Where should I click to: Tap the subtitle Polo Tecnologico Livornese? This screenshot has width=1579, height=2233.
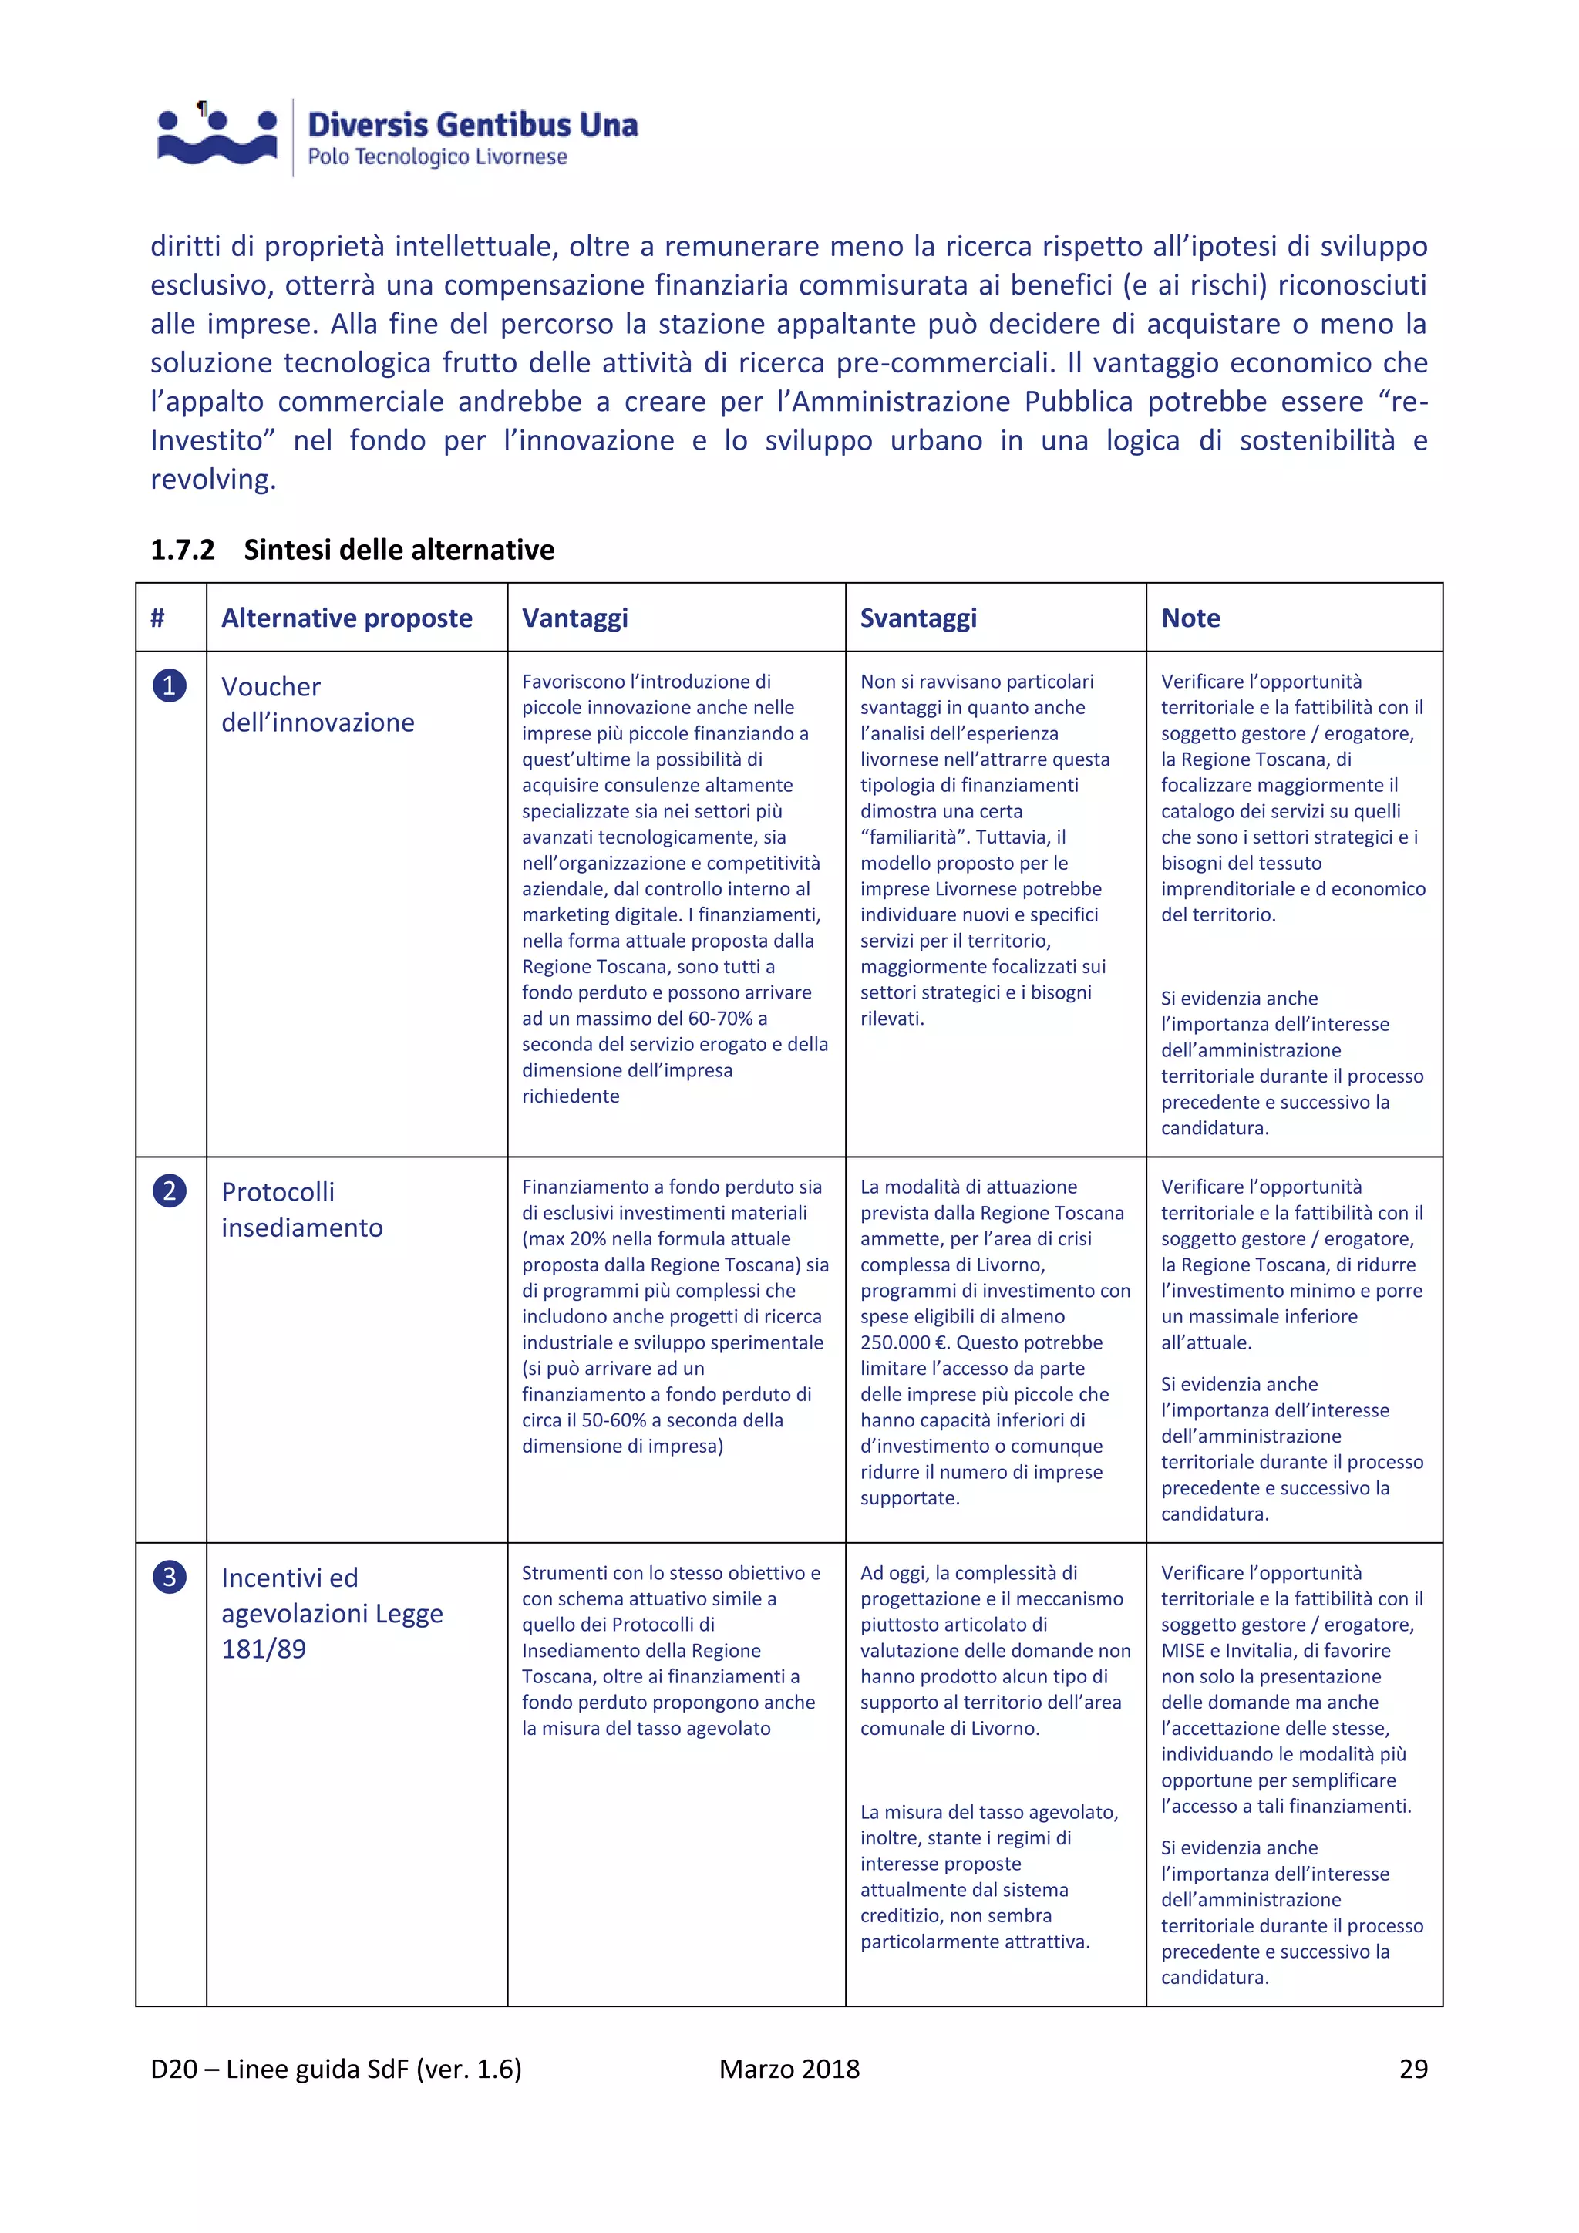tap(436, 157)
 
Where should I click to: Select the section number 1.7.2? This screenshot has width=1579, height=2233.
tap(182, 550)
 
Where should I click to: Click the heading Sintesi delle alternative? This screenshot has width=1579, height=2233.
tap(399, 550)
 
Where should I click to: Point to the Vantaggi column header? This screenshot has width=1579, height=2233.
tap(574, 618)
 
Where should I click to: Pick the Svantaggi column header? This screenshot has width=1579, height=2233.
tap(917, 618)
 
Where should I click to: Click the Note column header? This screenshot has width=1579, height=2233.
tap(1190, 618)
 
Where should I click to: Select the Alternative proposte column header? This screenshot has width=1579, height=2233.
tap(346, 618)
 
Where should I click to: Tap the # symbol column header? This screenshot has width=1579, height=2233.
tap(157, 618)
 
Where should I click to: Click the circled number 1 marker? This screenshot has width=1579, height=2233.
tap(169, 685)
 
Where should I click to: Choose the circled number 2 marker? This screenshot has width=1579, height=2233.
tap(169, 1191)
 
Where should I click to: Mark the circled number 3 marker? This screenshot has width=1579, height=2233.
tap(169, 1577)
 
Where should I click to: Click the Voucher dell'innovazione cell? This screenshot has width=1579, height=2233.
tap(317, 704)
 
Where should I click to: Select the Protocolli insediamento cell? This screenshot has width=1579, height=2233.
tap(301, 1209)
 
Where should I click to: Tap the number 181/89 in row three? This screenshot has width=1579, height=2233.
tap(264, 1649)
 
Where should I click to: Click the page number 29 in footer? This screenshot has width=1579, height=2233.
tap(1412, 2069)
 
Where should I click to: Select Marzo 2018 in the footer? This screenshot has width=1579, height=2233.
tap(789, 2069)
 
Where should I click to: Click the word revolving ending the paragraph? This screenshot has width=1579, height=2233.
tap(212, 480)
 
